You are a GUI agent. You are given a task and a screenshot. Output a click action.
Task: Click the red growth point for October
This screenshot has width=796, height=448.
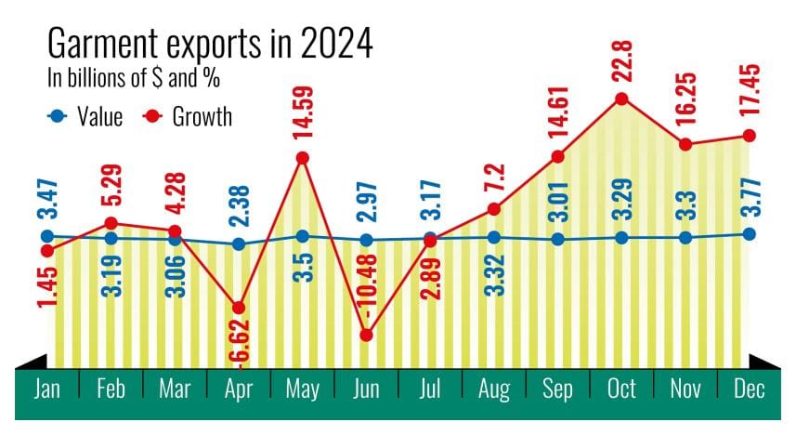[x=621, y=99]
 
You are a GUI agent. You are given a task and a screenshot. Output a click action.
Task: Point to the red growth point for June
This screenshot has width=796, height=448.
[x=366, y=335]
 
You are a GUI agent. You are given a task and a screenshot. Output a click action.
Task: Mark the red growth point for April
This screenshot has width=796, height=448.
[x=239, y=308]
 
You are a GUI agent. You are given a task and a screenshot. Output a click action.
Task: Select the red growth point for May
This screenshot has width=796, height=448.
[x=302, y=158]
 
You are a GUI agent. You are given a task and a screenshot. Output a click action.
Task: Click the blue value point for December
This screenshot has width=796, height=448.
[x=750, y=233]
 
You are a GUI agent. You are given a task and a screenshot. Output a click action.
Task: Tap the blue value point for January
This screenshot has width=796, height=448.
[x=46, y=236]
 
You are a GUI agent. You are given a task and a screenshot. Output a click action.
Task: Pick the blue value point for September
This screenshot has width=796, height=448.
[x=557, y=239]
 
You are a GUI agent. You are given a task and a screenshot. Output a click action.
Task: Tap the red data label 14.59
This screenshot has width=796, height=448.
[x=302, y=115]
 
